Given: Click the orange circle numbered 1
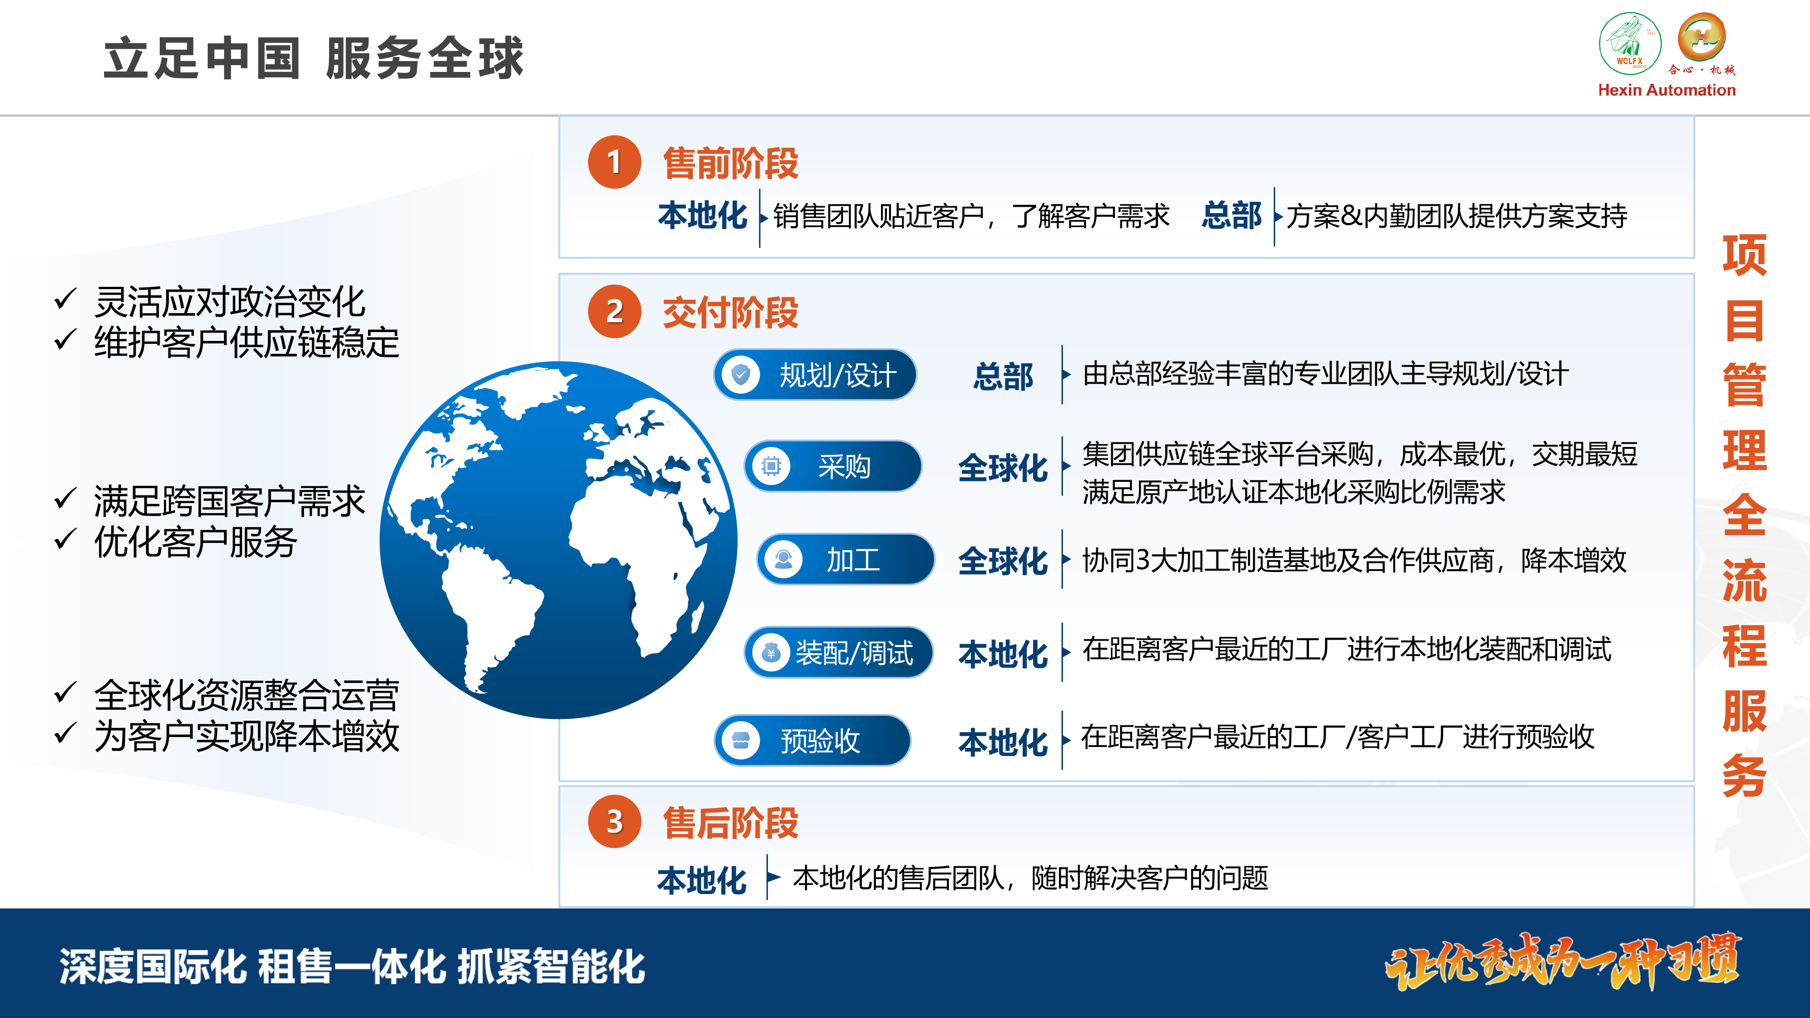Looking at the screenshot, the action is click(614, 162).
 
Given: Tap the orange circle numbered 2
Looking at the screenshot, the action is click(614, 311).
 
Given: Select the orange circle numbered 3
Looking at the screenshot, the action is click(614, 821).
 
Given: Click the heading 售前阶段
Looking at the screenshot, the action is click(731, 163).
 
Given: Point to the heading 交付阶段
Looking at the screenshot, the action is click(731, 313).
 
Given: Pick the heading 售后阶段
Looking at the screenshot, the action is click(731, 823).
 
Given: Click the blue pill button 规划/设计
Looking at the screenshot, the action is click(815, 375).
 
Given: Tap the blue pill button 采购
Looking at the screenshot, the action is click(833, 466).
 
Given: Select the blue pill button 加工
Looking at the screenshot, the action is click(845, 559).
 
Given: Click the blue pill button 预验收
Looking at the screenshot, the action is click(812, 740).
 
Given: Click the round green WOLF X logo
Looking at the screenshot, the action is click(1630, 43).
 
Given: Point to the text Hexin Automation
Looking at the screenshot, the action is click(1667, 90).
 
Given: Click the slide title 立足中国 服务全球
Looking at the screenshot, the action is click(314, 58).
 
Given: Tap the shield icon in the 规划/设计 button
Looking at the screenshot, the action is click(741, 375).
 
